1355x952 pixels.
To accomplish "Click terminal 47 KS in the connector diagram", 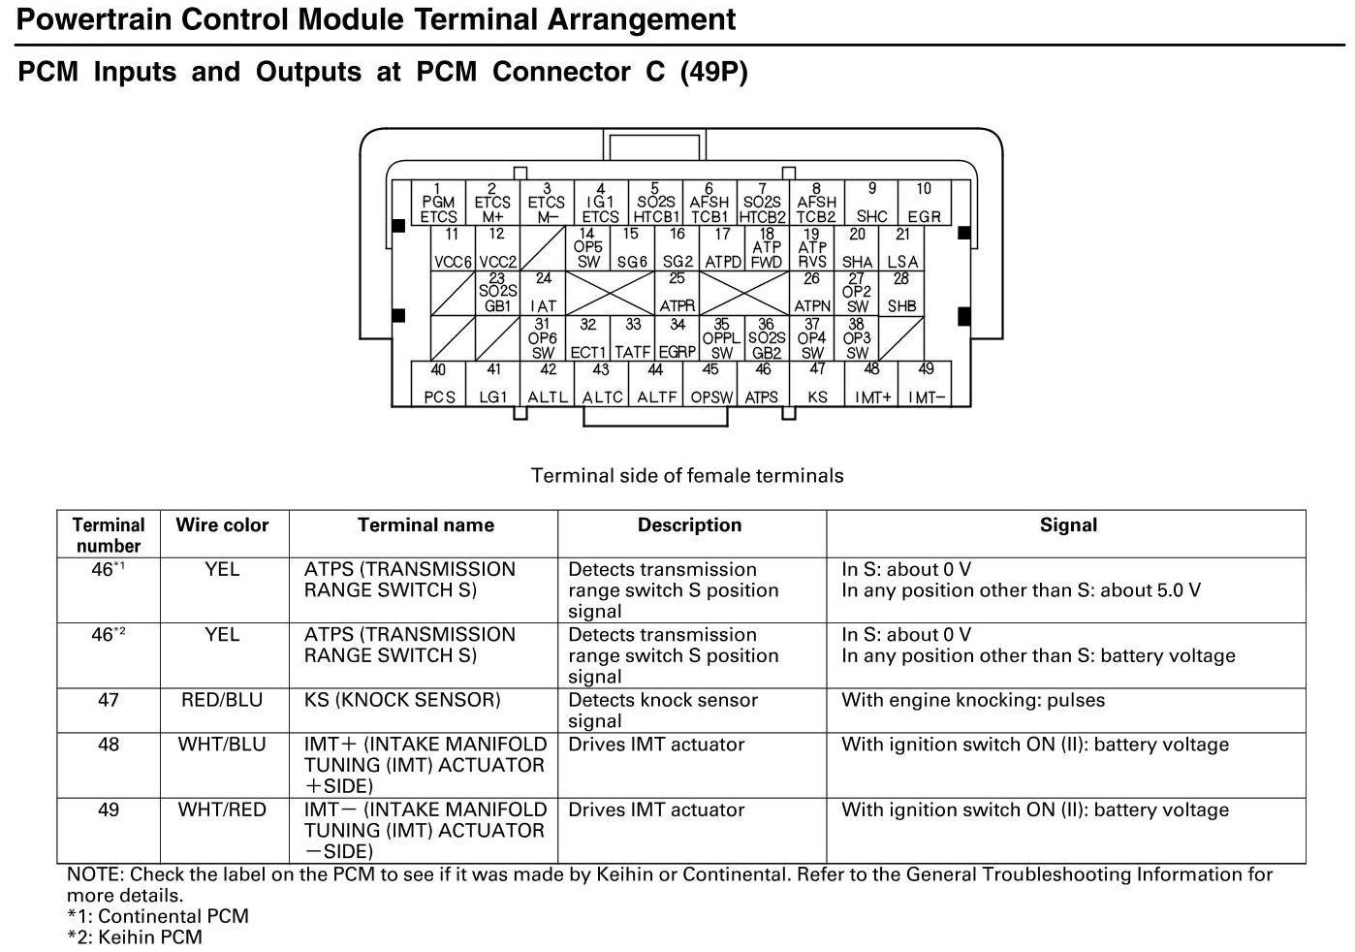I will click(817, 384).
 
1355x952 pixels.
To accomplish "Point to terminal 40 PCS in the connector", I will click(438, 384).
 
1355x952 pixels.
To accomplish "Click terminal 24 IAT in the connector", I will click(544, 293).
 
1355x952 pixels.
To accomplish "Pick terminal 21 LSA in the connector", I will click(902, 248).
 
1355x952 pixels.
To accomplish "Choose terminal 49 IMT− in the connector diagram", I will click(926, 384).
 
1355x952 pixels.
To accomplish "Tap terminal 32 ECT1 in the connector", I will click(588, 339).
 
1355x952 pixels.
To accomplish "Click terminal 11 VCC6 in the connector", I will click(452, 248).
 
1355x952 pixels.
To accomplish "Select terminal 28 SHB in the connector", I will click(901, 293).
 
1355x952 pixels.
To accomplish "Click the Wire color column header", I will click(222, 525).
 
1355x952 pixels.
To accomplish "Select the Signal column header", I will click(1068, 525).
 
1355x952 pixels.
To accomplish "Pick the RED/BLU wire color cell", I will click(222, 700).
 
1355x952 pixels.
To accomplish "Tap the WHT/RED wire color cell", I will click(222, 809).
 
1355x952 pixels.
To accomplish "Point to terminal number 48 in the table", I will click(109, 745).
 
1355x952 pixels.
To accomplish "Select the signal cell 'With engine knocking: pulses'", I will click(973, 700).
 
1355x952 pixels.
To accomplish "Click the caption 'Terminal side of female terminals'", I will click(687, 476).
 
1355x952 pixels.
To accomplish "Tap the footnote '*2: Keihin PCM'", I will click(135, 936).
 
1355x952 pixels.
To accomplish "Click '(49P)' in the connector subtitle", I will click(713, 72).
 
